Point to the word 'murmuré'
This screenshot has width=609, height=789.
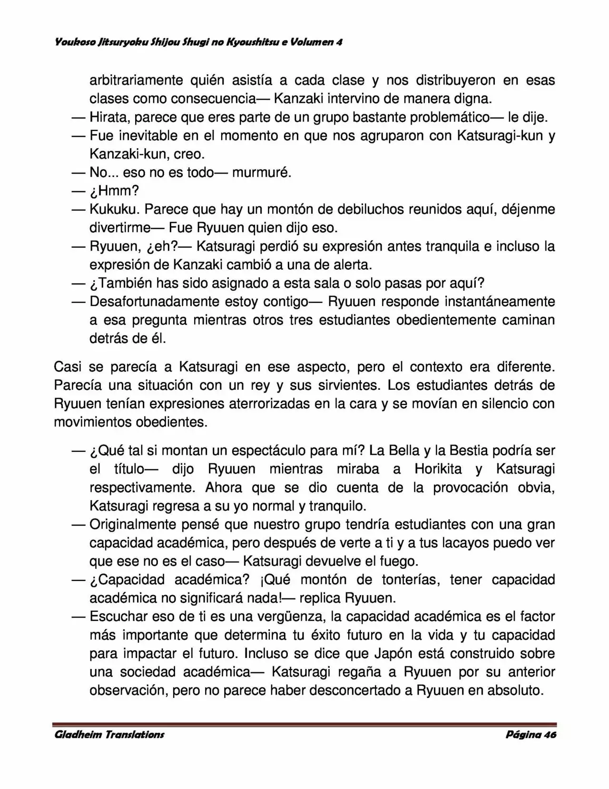[261, 172]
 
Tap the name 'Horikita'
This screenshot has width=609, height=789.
[438, 469]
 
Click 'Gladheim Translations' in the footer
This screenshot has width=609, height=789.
[109, 735]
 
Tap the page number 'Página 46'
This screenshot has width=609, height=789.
[530, 735]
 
